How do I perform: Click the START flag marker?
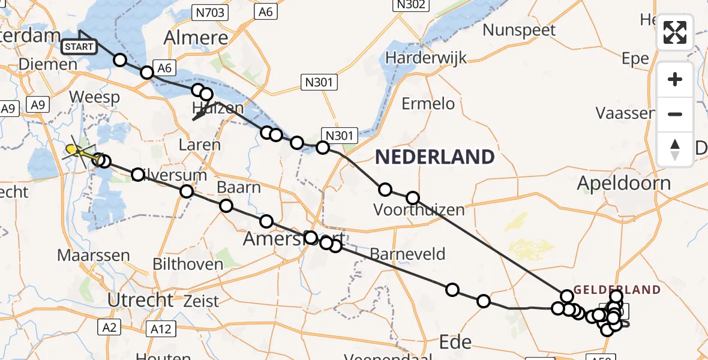(x=79, y=46)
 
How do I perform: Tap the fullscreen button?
(x=675, y=32)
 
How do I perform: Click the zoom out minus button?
(x=675, y=114)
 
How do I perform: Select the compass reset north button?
(x=675, y=149)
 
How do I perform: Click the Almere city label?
(x=197, y=38)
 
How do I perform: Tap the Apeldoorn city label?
(x=623, y=183)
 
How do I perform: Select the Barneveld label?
(x=407, y=254)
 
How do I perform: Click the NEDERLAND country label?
(x=434, y=157)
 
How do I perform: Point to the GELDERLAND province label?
(x=617, y=290)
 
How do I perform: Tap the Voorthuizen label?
(x=419, y=210)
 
